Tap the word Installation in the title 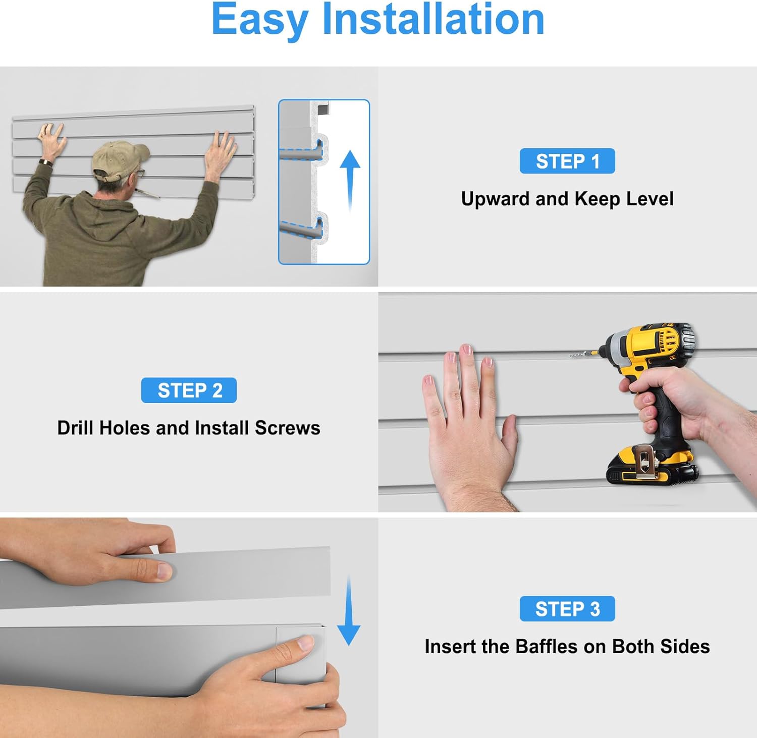click(434, 19)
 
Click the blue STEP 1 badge click(567, 161)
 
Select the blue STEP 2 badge click(189, 390)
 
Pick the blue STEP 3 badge click(567, 608)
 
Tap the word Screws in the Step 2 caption click(287, 428)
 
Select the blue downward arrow click(349, 610)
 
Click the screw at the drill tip click(579, 355)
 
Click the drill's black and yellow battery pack click(651, 465)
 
